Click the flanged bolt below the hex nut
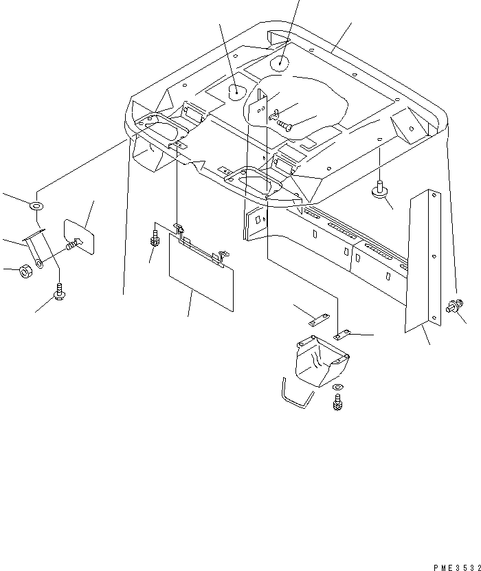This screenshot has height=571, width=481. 60,294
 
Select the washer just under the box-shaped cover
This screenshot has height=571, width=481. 336,390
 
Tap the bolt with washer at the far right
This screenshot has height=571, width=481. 455,307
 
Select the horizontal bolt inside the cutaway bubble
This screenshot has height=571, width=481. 284,125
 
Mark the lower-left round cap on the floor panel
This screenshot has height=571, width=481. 236,89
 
